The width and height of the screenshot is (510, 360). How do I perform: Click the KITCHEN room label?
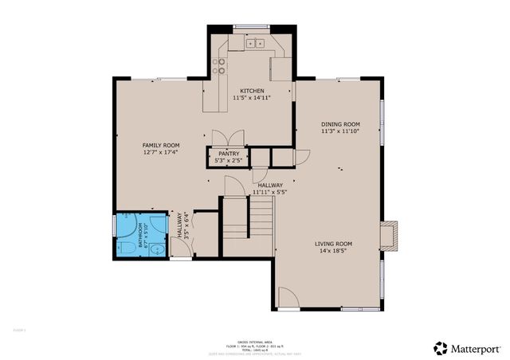[252, 91]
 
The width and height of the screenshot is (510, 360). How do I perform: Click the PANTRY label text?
[229, 153]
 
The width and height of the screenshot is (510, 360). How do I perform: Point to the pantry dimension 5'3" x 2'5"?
[229, 161]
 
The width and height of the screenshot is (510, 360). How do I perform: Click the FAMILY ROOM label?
[159, 145]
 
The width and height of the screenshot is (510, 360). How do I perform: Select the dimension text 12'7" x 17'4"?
[159, 152]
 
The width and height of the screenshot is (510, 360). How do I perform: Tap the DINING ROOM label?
[340, 124]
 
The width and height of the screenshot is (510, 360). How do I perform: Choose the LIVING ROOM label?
[333, 243]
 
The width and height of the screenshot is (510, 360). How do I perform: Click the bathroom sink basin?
[157, 248]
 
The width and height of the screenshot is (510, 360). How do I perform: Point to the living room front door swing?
[289, 298]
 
